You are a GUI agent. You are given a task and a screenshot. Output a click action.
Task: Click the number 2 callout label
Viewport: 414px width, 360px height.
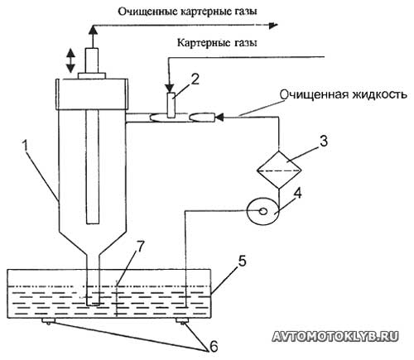coord(195,80)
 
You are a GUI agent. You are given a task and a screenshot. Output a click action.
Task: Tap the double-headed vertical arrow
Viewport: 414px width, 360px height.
coord(70,60)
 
